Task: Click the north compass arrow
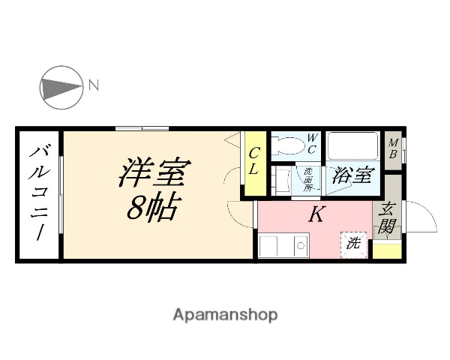point(61,85)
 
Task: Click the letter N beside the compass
point(94,85)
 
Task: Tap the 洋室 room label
point(153,174)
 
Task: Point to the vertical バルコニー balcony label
point(37,195)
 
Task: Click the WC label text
point(313,142)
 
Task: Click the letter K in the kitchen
point(316,215)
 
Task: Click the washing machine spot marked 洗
point(354,243)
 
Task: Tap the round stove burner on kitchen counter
point(300,245)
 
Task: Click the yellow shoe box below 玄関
point(388,250)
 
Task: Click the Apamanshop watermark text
point(225,314)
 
